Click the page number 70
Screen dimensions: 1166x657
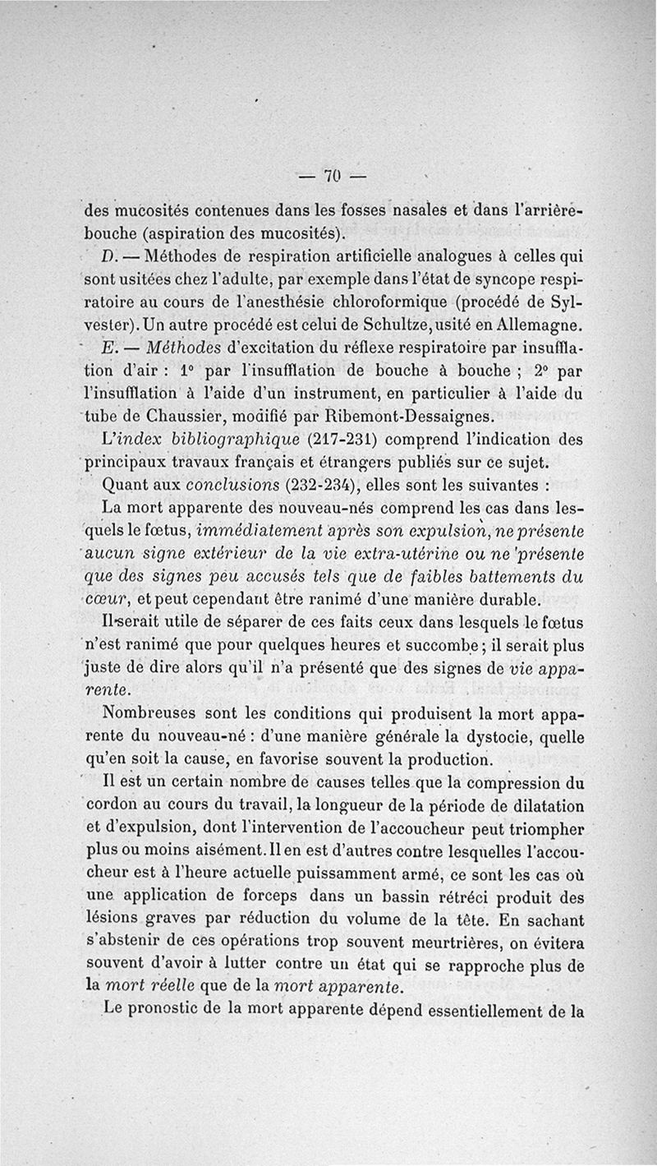click(x=332, y=176)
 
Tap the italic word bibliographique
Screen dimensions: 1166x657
click(x=225, y=437)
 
